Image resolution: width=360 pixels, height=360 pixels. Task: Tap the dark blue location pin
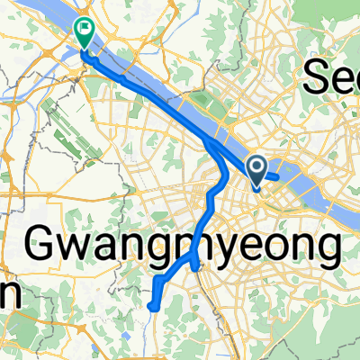click(256, 167)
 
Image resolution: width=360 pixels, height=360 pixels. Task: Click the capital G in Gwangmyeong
click(45, 241)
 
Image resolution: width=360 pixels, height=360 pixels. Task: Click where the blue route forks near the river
click(210, 144)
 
